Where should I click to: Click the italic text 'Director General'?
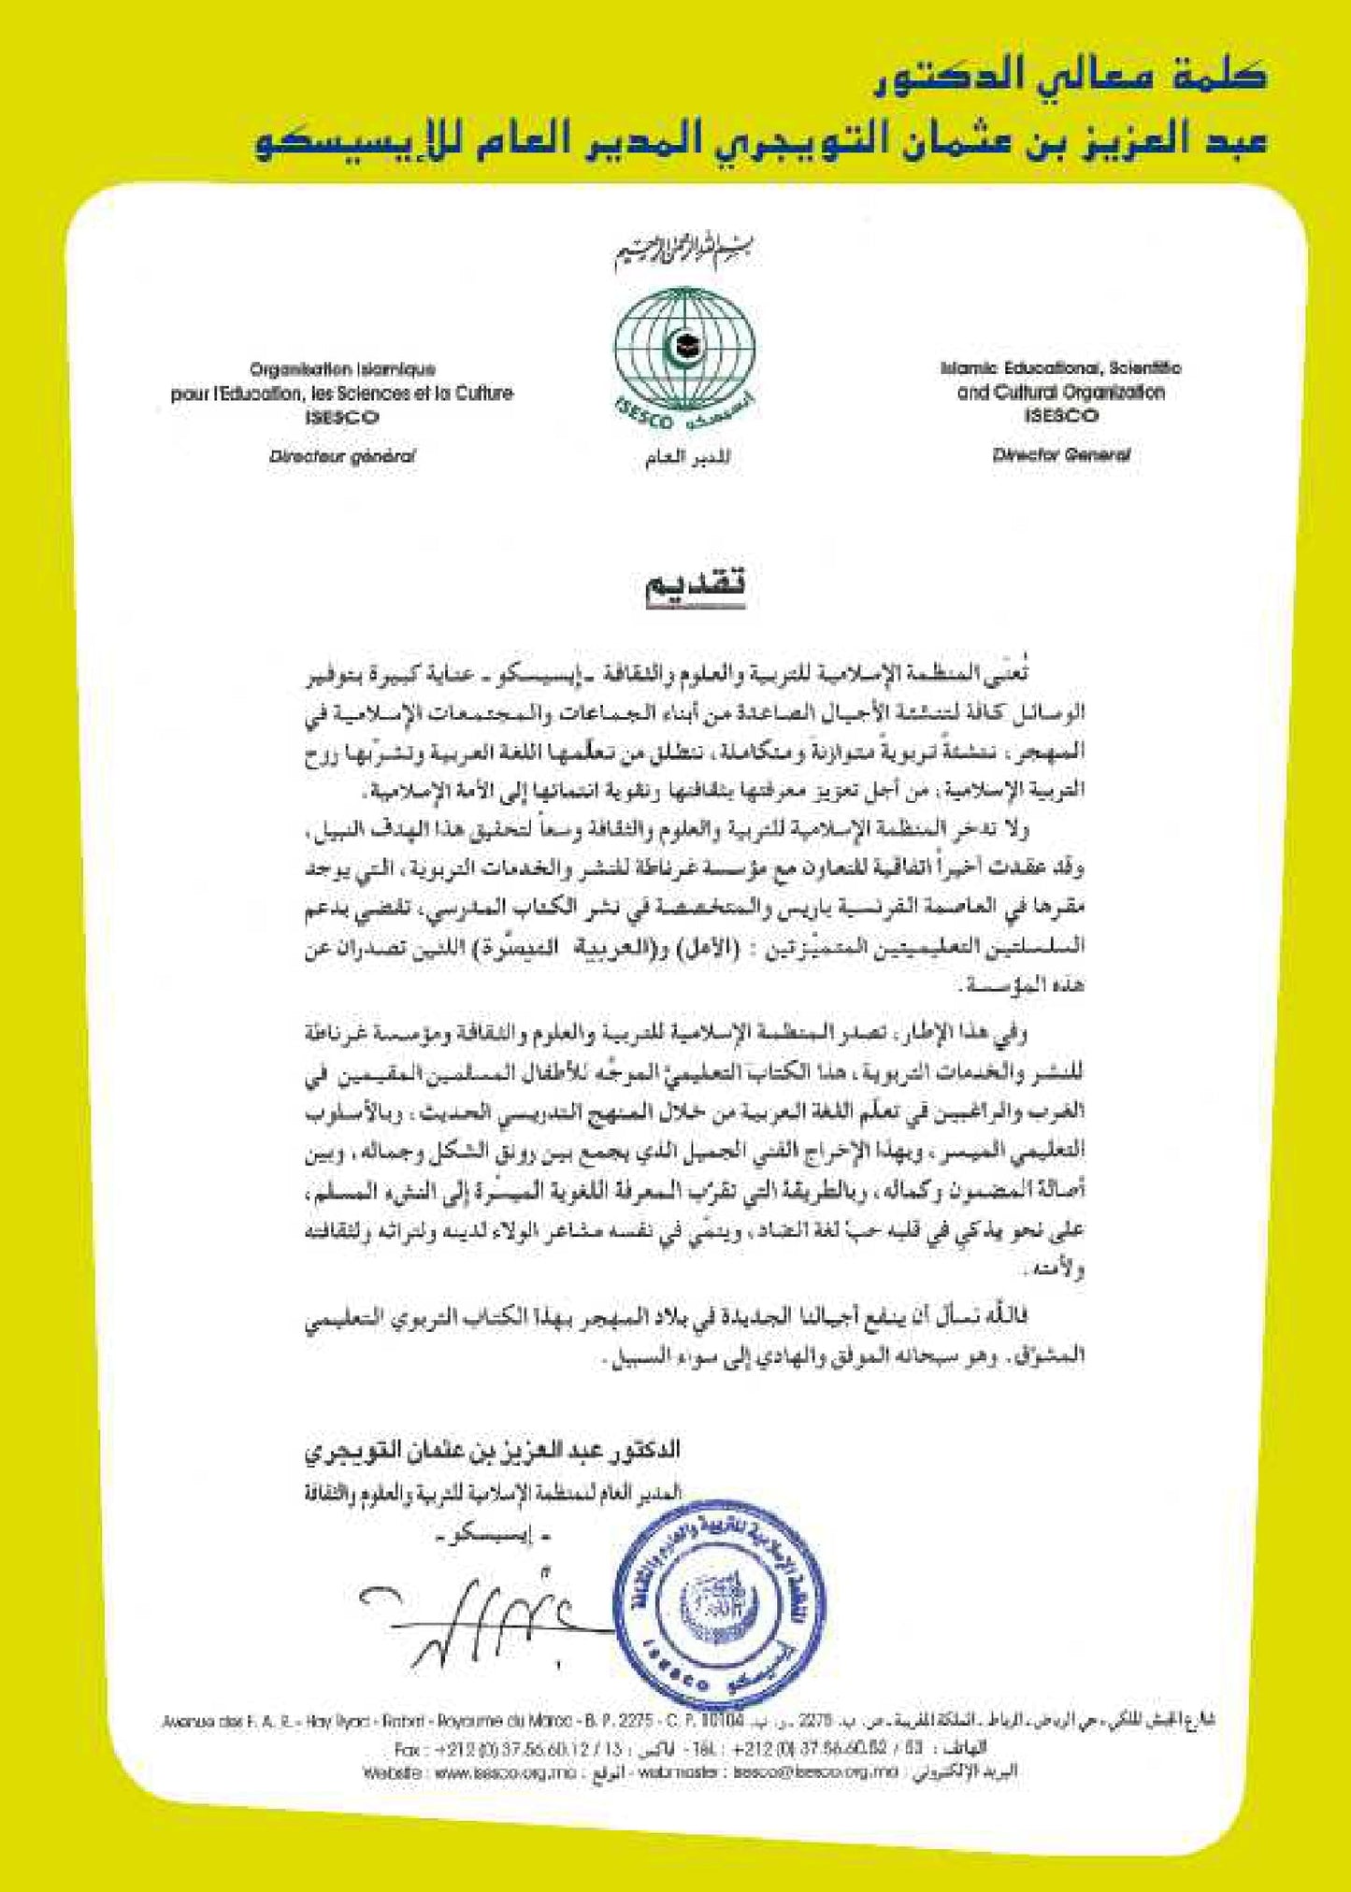tap(1061, 455)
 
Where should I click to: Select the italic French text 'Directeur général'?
tap(342, 456)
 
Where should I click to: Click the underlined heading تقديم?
tap(696, 586)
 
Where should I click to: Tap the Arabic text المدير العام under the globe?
tap(687, 458)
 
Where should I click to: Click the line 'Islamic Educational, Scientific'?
tap(1060, 368)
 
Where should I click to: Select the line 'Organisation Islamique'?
tap(342, 369)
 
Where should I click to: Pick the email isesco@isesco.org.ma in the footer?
tap(815, 1771)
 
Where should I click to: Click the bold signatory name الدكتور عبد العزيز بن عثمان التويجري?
tap(493, 1450)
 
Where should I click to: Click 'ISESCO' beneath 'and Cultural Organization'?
tap(1061, 416)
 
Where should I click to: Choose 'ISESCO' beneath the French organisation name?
tap(342, 417)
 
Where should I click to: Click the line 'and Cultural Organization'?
tap(1060, 393)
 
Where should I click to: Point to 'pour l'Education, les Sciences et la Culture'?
tap(342, 394)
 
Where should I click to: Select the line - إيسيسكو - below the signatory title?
tap(486, 1536)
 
